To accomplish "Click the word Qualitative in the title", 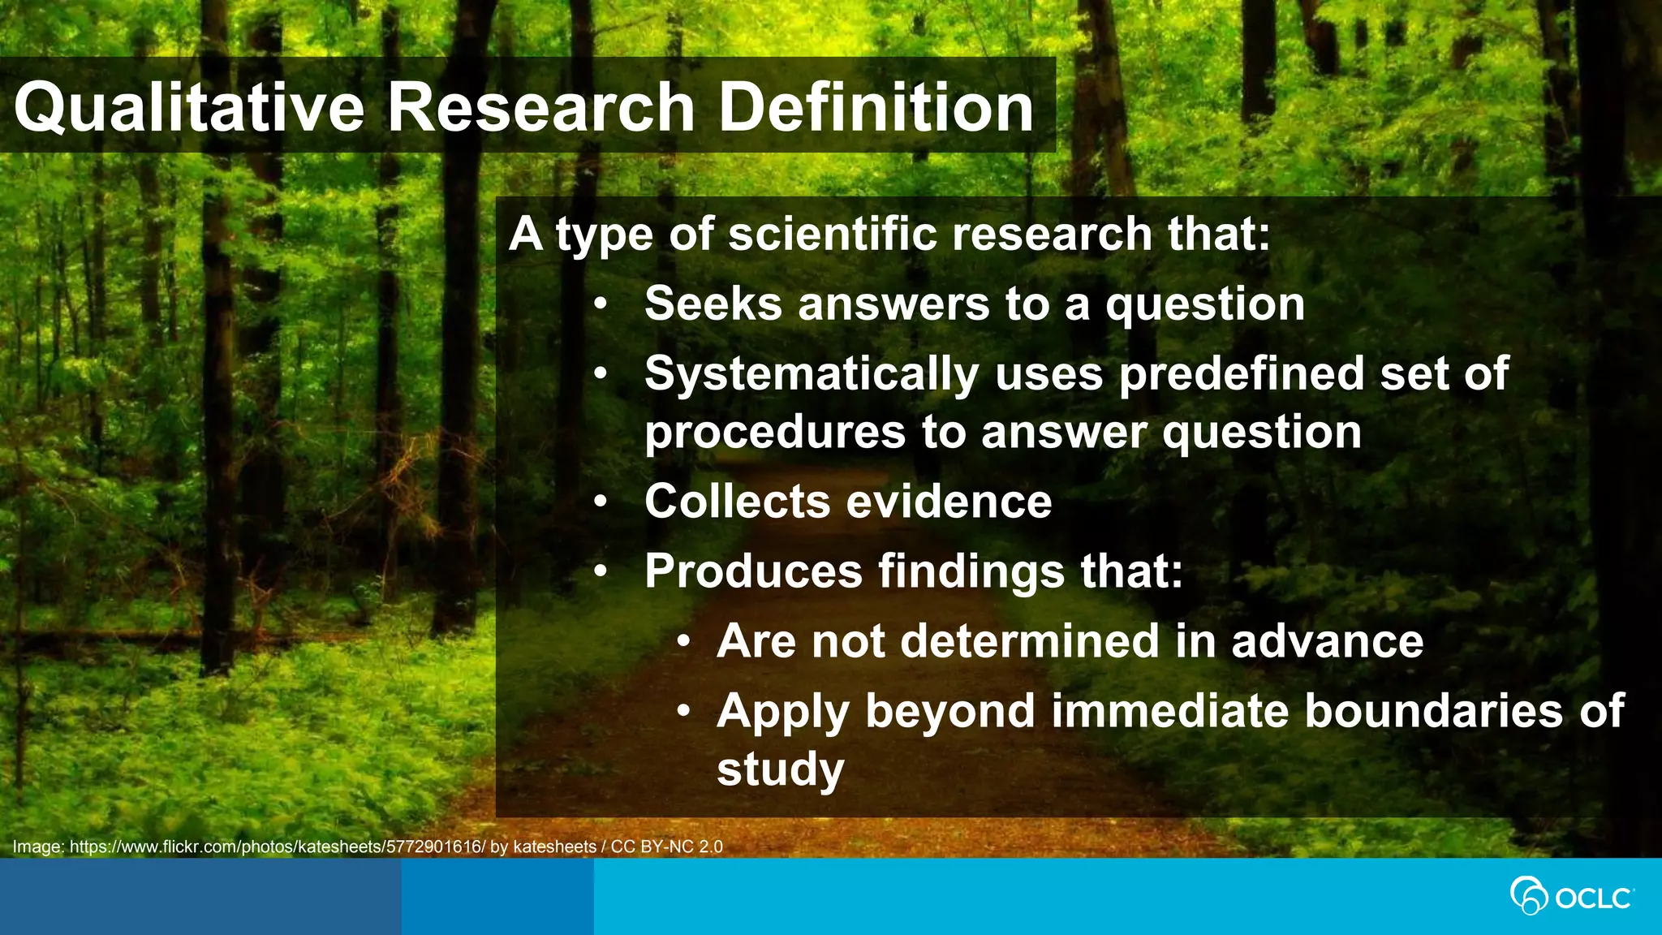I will [x=189, y=108].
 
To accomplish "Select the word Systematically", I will [x=812, y=375].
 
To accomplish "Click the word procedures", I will [x=775, y=432].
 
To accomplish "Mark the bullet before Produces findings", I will [x=600, y=572].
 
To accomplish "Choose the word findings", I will [x=971, y=572].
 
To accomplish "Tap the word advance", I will [x=1328, y=641].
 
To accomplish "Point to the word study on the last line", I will [x=781, y=769].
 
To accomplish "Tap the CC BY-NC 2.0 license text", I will [x=666, y=847].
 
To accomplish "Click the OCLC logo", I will [x=1572, y=897].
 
